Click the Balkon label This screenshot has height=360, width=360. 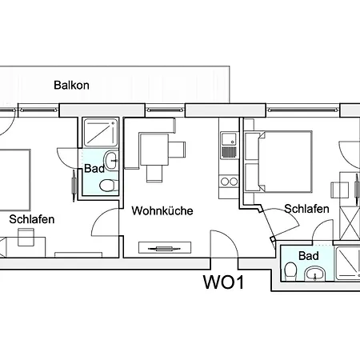click(71, 86)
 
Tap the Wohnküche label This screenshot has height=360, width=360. click(162, 211)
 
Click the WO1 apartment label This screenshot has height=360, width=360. click(223, 282)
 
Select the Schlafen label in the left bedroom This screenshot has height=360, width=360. click(32, 219)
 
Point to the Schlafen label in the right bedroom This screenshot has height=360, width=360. click(306, 209)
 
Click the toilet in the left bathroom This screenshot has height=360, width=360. click(109, 185)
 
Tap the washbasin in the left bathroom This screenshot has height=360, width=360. click(110, 161)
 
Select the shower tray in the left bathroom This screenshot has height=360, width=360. click(100, 133)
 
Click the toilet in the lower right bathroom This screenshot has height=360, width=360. click(290, 271)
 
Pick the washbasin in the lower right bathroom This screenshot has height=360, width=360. click(315, 274)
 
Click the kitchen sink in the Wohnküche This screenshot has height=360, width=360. click(229, 145)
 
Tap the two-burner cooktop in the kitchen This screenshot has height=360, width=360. click(229, 182)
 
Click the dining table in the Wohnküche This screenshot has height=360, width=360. click(154, 150)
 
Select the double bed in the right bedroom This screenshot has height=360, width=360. click(278, 162)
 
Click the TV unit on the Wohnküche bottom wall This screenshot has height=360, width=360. click(165, 248)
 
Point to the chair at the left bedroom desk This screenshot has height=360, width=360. click(26, 237)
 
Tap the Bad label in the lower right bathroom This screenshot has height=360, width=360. click(309, 256)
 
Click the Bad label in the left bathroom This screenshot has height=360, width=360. click(94, 169)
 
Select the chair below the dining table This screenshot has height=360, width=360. click(154, 174)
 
